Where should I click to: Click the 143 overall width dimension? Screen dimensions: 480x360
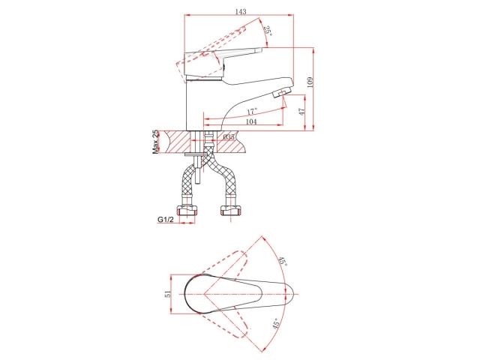(x=241, y=12)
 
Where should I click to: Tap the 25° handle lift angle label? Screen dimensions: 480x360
(x=268, y=31)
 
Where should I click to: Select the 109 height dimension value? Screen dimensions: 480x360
(x=310, y=82)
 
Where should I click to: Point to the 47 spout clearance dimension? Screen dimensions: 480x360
(x=301, y=111)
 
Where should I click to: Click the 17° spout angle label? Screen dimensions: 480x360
(x=252, y=111)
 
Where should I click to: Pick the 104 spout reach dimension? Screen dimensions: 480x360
(x=251, y=121)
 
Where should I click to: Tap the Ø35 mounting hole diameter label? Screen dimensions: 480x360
(x=229, y=136)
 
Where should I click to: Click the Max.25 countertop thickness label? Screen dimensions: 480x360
(x=156, y=142)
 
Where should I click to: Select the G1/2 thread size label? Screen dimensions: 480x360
(x=166, y=220)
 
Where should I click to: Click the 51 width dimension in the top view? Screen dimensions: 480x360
(x=167, y=294)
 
